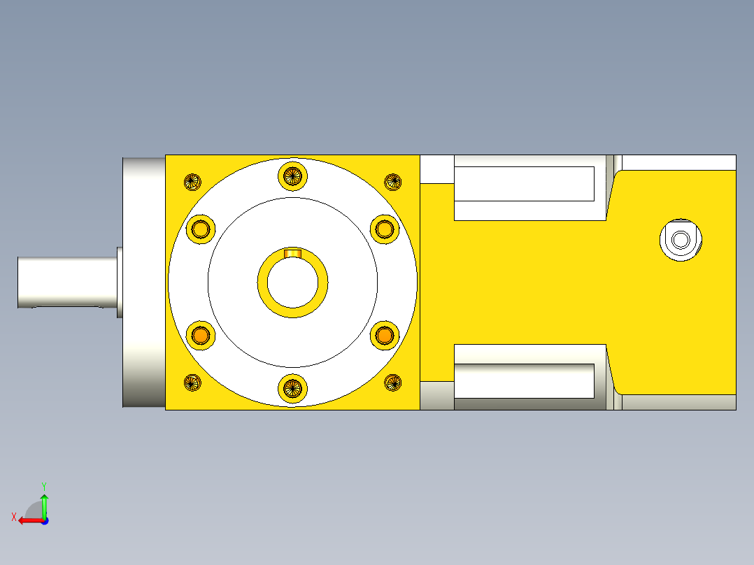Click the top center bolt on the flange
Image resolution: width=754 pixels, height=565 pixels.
292,175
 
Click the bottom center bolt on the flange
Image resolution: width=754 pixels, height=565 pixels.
292,389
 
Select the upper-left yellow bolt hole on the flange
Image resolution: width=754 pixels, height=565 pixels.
201,229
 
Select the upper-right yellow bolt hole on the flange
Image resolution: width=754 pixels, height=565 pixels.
384,229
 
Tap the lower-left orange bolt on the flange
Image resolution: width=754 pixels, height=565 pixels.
201,336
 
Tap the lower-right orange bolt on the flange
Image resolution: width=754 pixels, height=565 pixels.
384,336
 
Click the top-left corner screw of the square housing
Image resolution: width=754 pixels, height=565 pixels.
192,182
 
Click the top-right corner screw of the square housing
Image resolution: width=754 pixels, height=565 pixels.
393,182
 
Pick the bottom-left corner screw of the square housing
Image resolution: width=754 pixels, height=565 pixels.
192,382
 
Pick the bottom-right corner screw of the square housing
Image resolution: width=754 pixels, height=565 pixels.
393,382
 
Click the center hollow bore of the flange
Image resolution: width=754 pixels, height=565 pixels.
292,282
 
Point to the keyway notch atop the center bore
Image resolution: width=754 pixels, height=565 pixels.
292,252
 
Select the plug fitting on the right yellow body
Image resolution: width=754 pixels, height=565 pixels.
680,240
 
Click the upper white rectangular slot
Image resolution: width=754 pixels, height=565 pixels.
524,183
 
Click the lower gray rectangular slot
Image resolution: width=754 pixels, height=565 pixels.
524,380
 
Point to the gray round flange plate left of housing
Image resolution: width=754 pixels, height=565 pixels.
143,282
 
